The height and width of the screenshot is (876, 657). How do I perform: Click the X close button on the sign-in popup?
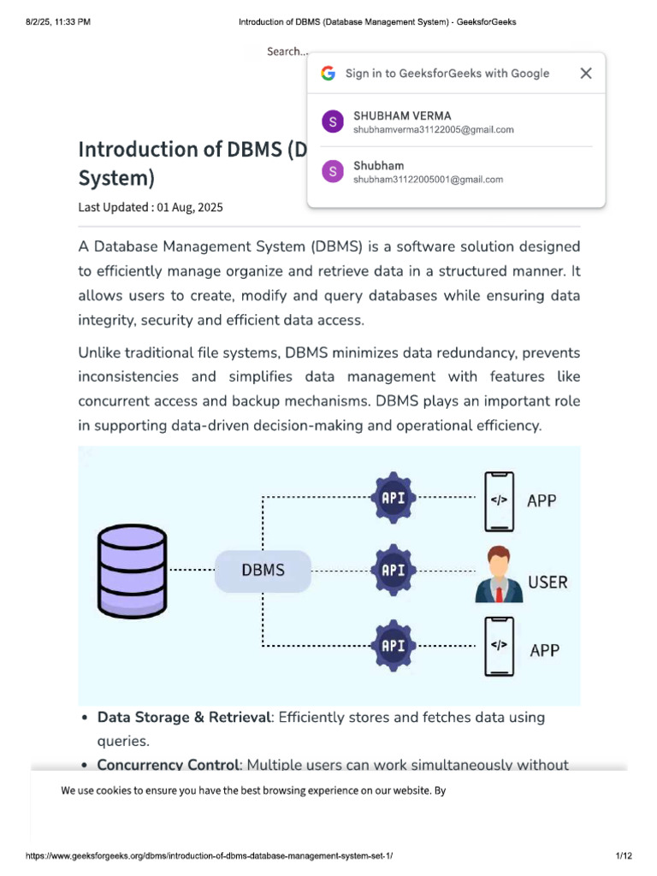(x=586, y=74)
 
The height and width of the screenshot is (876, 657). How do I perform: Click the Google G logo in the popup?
(x=328, y=74)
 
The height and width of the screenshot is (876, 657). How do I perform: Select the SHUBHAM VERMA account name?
(x=402, y=115)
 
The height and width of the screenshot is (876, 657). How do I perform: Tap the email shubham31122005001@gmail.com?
(x=428, y=180)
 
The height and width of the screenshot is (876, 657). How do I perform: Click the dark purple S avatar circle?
(x=332, y=122)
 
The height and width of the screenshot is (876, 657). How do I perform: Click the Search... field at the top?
(x=287, y=51)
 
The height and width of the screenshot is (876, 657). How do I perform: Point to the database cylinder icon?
(x=133, y=571)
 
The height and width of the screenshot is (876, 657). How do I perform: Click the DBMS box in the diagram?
(x=263, y=571)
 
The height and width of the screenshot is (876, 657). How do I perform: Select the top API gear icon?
(x=393, y=496)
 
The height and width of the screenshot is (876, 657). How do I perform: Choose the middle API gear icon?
(x=393, y=571)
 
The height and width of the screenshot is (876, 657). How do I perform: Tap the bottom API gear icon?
(x=393, y=645)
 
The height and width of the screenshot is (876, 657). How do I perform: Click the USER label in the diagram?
(x=547, y=583)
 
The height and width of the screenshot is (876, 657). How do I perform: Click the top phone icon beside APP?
(x=499, y=500)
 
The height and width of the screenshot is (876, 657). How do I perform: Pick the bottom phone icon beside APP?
(x=499, y=646)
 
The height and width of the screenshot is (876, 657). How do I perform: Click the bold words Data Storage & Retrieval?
(x=184, y=717)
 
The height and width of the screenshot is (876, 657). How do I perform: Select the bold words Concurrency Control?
(x=166, y=765)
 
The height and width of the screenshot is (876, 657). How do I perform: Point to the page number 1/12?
(x=623, y=856)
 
